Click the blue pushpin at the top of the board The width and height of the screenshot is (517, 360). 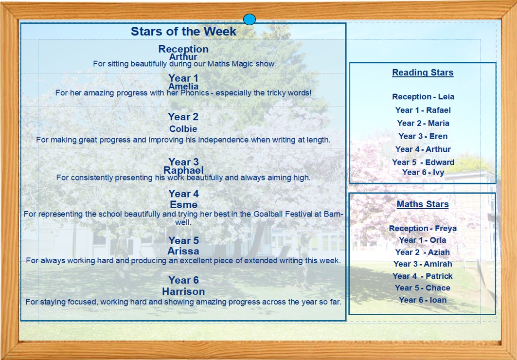click(x=250, y=19)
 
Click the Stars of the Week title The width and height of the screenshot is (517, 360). click(x=183, y=31)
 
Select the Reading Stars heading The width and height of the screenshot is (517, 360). click(x=423, y=72)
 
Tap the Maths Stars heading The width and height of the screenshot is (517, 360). click(x=423, y=204)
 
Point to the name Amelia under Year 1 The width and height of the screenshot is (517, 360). click(x=183, y=87)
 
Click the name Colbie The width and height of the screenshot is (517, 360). click(x=183, y=129)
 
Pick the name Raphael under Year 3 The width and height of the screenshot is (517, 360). click(x=184, y=170)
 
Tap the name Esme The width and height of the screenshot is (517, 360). click(x=184, y=204)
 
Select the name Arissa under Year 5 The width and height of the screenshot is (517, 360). click(x=183, y=251)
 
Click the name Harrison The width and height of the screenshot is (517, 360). click(x=184, y=291)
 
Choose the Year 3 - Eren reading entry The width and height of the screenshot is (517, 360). click(x=423, y=136)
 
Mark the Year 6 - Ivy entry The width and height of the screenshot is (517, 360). click(x=423, y=172)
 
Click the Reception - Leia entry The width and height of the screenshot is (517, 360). click(x=423, y=97)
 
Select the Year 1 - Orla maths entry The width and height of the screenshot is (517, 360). click(x=422, y=240)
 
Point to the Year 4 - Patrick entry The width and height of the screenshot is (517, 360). click(x=422, y=276)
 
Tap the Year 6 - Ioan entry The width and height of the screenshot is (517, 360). click(x=423, y=300)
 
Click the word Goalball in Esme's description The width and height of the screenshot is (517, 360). click(x=267, y=214)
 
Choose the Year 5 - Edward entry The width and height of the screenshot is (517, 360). click(x=423, y=162)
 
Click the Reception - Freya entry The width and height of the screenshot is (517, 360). click(x=423, y=228)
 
